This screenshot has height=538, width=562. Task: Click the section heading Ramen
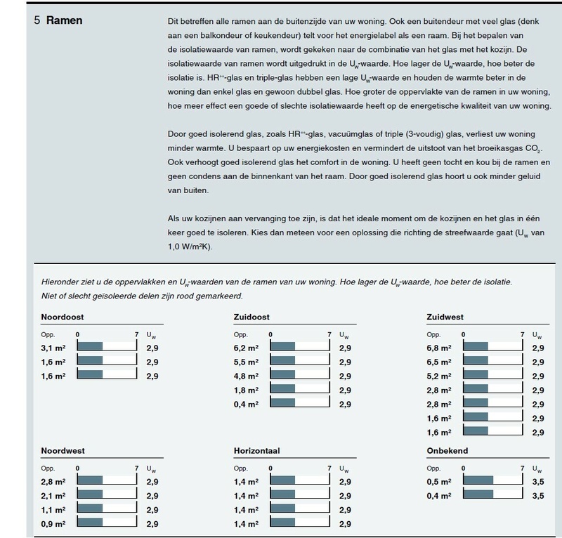(x=64, y=20)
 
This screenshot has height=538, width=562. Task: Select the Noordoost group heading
(x=63, y=317)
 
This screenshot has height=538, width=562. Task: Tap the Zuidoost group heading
(x=251, y=317)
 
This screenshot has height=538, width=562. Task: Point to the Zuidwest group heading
(x=445, y=317)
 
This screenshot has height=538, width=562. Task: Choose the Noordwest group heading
(x=63, y=451)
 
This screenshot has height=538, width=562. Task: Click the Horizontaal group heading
(x=258, y=451)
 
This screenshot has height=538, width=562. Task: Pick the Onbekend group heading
(x=447, y=451)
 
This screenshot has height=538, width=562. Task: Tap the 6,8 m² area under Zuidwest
(x=440, y=347)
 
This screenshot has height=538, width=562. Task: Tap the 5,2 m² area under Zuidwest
(x=440, y=376)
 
